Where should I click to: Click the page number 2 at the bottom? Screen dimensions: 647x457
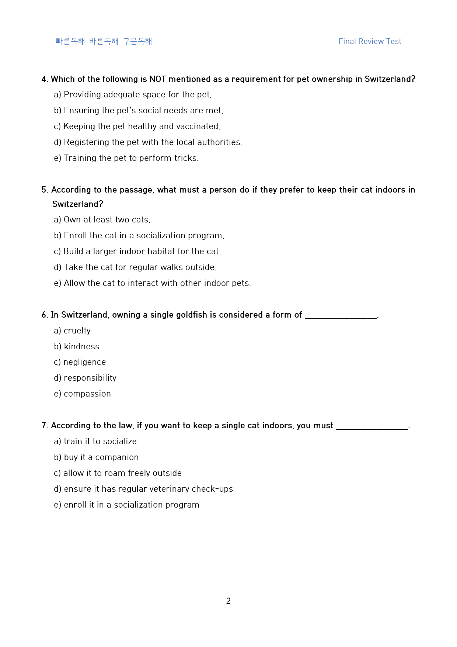(x=228, y=601)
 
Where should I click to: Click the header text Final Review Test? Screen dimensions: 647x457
(x=370, y=41)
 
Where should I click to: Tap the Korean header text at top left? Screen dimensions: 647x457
(x=104, y=41)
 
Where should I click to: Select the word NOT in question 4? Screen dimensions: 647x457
(x=157, y=79)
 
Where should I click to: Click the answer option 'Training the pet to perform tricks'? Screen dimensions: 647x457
(x=126, y=158)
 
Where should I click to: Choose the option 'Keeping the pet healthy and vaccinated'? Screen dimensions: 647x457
(x=137, y=126)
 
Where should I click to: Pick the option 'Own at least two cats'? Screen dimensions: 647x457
(x=102, y=219)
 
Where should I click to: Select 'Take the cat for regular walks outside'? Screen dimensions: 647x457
(x=135, y=267)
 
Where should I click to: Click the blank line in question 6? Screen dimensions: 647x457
(x=341, y=316)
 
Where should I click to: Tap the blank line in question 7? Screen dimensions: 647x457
(x=372, y=426)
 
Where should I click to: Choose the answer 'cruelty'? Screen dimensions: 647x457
(x=72, y=331)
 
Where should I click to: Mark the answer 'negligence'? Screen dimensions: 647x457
(x=80, y=362)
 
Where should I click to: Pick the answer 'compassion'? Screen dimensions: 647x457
(x=82, y=394)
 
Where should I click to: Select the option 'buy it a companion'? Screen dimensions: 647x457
(x=96, y=457)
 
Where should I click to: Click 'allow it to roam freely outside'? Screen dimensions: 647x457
(x=118, y=473)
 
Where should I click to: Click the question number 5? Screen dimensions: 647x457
(x=45, y=190)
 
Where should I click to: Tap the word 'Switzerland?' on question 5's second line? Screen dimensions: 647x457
(x=77, y=204)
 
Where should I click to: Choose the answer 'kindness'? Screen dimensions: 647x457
(x=77, y=346)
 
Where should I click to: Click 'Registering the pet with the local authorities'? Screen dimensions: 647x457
(x=148, y=142)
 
